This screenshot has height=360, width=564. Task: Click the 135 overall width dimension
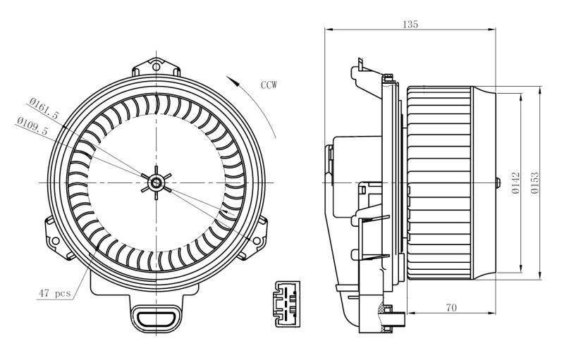410,24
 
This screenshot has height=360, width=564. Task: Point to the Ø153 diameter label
535,182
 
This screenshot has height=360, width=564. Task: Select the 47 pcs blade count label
54,293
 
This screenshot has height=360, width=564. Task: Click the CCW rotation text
269,85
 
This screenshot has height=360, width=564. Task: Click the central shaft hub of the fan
155,182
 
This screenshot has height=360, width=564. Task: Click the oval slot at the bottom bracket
154,318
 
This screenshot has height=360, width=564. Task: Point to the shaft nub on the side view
498,182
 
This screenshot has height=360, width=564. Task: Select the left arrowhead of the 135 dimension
329,30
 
